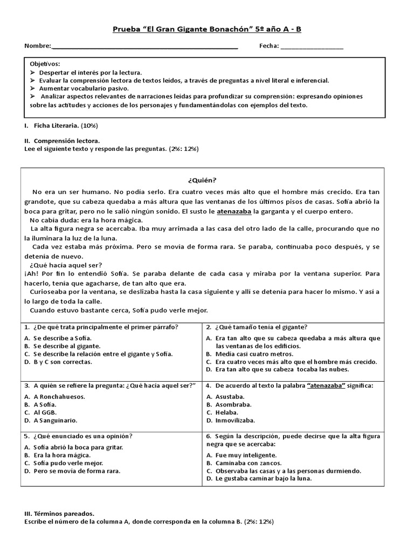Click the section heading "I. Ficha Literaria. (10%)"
pyautogui.click(x=61, y=126)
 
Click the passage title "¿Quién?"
pyautogui.click(x=203, y=180)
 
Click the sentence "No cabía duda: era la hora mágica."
pyautogui.click(x=86, y=220)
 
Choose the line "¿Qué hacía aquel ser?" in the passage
pyautogui.click(x=66, y=265)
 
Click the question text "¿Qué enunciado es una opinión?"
pyautogui.click(x=82, y=436)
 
